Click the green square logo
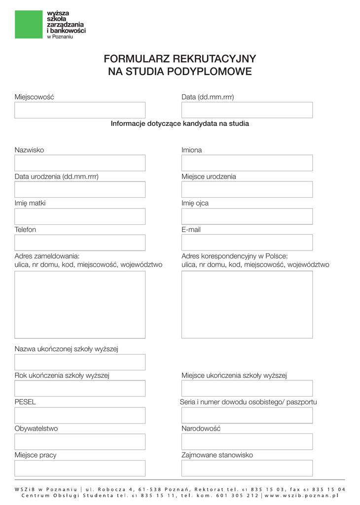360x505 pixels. (29, 24)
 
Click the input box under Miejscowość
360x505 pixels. (80, 110)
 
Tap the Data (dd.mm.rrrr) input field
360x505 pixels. (247, 110)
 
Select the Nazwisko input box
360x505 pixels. (80, 163)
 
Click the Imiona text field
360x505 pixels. (247, 163)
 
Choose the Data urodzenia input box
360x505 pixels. (80, 189)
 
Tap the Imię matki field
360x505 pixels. (80, 216)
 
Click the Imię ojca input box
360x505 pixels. (247, 216)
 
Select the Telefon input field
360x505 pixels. (80, 243)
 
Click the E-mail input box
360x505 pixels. (247, 243)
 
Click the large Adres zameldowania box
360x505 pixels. (80, 304)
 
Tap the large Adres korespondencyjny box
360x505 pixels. (247, 304)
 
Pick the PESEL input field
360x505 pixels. (80, 415)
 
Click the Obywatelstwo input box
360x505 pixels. (80, 442)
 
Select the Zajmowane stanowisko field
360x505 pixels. (247, 468)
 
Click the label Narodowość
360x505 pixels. (201, 429)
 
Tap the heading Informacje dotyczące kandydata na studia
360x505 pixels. (180, 124)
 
